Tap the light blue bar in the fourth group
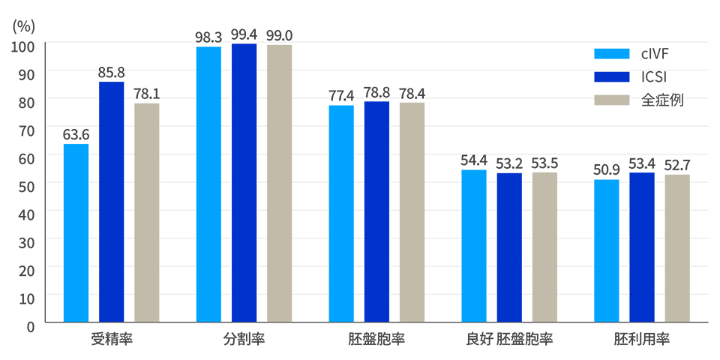click(x=469, y=244)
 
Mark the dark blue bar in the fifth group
click(x=642, y=247)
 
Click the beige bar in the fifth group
click(x=679, y=247)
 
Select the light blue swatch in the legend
click(x=606, y=55)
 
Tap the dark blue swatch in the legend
click(x=606, y=79)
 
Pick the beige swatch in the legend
click(x=606, y=104)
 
